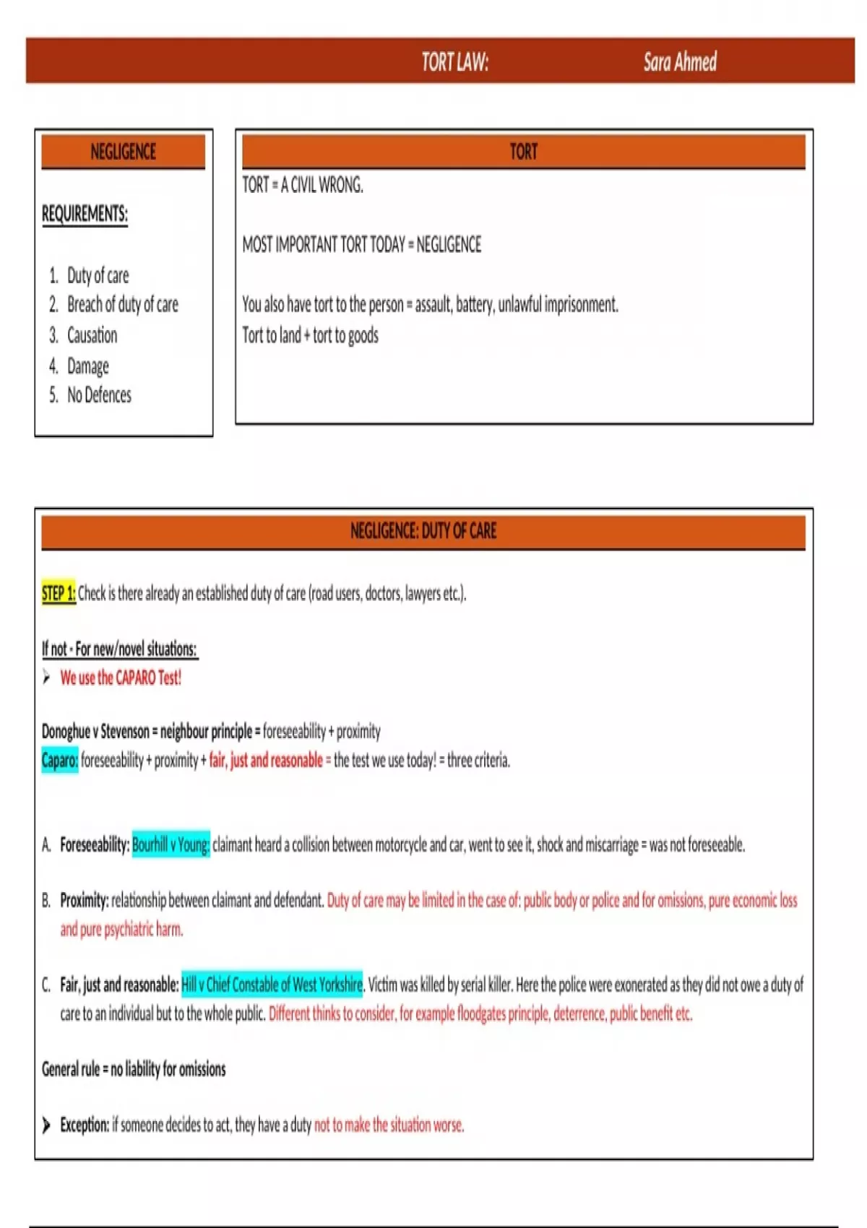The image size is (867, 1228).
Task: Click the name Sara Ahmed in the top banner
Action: [x=680, y=62]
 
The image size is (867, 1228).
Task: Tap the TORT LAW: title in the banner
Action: [x=455, y=62]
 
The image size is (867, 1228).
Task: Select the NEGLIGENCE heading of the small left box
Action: [x=124, y=152]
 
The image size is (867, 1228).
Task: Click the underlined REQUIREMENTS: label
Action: [x=85, y=214]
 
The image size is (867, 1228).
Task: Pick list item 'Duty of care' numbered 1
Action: [x=98, y=275]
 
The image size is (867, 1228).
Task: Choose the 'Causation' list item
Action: [x=92, y=335]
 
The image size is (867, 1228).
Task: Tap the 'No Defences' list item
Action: [x=99, y=395]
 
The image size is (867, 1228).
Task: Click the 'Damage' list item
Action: [x=87, y=366]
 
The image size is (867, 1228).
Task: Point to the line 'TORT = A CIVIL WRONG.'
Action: [x=303, y=186]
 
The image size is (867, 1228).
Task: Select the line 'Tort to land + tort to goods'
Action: [x=310, y=335]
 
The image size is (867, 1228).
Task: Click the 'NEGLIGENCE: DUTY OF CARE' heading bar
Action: [x=423, y=531]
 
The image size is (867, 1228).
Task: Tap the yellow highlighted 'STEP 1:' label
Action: [x=59, y=593]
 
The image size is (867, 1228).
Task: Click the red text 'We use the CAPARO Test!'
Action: [x=121, y=678]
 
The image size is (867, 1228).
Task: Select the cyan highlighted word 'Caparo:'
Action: [x=60, y=760]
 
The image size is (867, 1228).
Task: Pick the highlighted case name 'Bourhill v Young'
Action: [x=171, y=844]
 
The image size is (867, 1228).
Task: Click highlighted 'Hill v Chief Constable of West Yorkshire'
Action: [x=272, y=984]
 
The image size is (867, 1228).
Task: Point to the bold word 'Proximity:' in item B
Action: [x=84, y=900]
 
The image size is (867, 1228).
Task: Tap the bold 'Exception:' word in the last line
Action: [x=85, y=1125]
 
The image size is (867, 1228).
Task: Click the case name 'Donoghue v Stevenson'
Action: [x=95, y=731]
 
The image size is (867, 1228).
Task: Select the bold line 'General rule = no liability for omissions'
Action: [x=134, y=1069]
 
